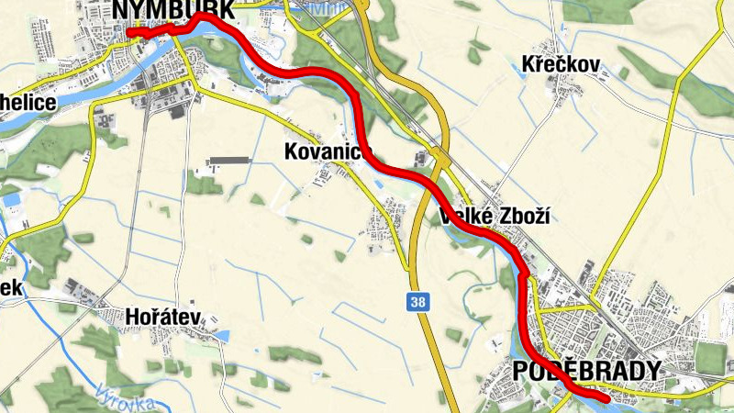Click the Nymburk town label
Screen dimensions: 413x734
pyautogui.click(x=172, y=9)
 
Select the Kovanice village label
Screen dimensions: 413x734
pyautogui.click(x=327, y=151)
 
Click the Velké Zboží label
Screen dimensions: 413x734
pyautogui.click(x=499, y=217)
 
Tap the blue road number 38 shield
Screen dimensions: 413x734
pyautogui.click(x=417, y=302)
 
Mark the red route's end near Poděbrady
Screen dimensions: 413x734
pyautogui.click(x=606, y=399)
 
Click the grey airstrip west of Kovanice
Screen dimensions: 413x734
pyautogui.click(x=229, y=162)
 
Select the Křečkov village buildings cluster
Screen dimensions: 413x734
pyautogui.click(x=561, y=87)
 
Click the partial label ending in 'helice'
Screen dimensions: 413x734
pyautogui.click(x=28, y=101)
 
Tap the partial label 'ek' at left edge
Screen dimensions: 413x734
pyautogui.click(x=10, y=287)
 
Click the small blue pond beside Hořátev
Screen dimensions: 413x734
pyautogui.click(x=224, y=336)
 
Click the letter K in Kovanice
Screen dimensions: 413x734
pyautogui.click(x=291, y=151)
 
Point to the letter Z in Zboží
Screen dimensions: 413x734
pyautogui.click(x=506, y=217)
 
